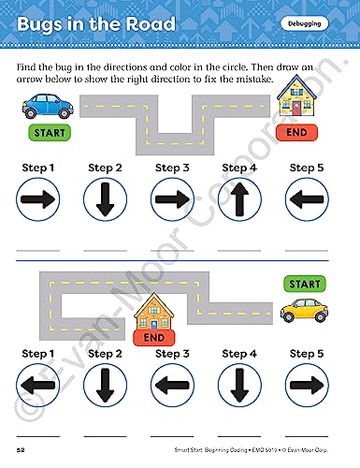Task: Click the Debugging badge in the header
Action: [x=305, y=23]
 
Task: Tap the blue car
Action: [x=48, y=106]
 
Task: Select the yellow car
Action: [x=304, y=310]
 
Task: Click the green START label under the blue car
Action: [x=50, y=133]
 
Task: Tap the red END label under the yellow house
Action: [x=296, y=132]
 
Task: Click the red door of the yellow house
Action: [x=296, y=108]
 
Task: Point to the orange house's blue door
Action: [x=154, y=325]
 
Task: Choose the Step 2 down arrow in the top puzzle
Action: [x=105, y=199]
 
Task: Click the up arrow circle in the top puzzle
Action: [x=239, y=199]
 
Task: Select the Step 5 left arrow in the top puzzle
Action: [x=307, y=199]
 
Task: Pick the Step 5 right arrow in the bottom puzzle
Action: [x=307, y=386]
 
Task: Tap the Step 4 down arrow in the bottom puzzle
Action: [x=239, y=386]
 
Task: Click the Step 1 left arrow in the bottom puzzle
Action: [x=37, y=386]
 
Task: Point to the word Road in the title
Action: [x=151, y=24]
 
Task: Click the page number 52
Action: [x=21, y=450]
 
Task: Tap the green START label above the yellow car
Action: [x=305, y=284]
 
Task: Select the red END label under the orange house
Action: [x=154, y=338]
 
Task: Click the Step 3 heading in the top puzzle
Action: [x=172, y=168]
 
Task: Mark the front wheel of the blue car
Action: [x=65, y=112]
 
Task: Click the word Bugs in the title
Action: [x=39, y=25]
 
